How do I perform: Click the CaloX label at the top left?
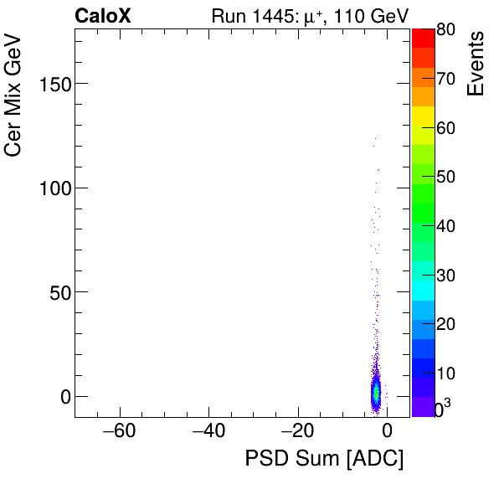tap(102, 16)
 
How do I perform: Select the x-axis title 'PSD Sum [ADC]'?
tap(323, 459)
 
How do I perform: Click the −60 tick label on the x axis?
tap(120, 432)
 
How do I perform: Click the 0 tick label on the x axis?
tap(387, 432)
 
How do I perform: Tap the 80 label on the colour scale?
tap(445, 30)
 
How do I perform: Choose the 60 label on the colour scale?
tap(445, 128)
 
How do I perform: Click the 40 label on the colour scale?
tap(445, 226)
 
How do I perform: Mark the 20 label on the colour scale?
tap(445, 324)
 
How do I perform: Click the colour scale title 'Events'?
tap(476, 64)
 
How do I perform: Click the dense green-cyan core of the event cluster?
tap(376, 392)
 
